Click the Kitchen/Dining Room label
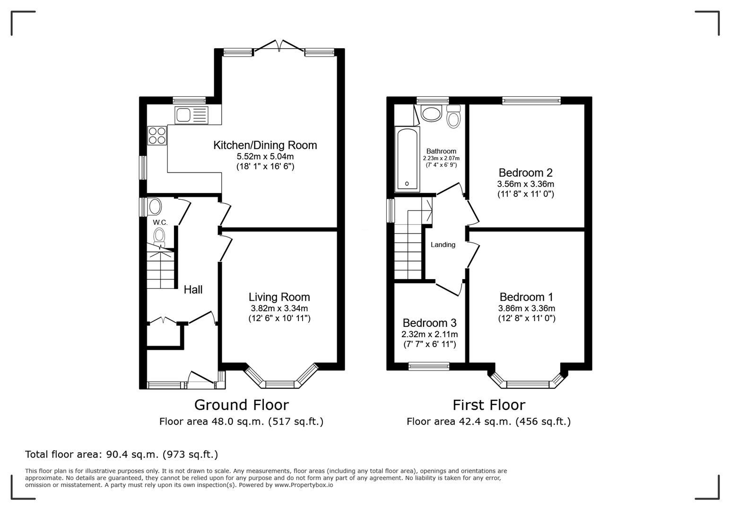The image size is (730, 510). click(265, 145)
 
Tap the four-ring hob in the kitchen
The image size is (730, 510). click(157, 136)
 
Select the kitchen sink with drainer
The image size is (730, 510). click(191, 115)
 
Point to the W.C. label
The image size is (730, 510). click(160, 222)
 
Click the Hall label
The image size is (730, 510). click(193, 289)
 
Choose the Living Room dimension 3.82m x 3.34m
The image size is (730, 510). click(279, 308)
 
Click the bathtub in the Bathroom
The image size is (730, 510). click(407, 159)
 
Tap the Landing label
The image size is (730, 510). click(443, 245)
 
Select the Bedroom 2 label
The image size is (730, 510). click(525, 172)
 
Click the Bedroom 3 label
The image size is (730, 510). click(429, 323)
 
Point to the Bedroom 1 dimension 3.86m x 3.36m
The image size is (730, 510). click(526, 308)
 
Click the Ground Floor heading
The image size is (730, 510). click(241, 405)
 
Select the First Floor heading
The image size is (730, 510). click(488, 405)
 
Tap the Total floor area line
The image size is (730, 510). click(122, 454)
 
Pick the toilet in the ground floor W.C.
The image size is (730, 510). click(159, 236)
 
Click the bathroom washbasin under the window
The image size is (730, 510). click(431, 113)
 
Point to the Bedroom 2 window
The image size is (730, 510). click(531, 100)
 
